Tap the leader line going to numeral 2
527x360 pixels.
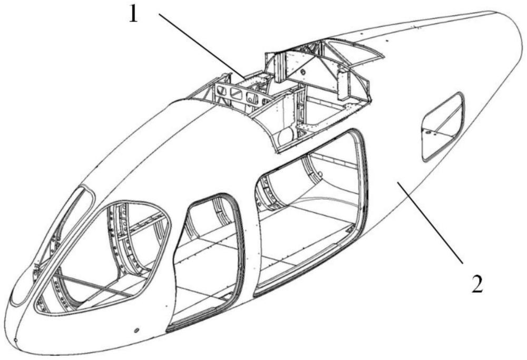point(430,222)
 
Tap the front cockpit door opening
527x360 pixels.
point(105,258)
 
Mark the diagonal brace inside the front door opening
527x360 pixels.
point(90,285)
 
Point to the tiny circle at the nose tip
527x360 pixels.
point(16,340)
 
